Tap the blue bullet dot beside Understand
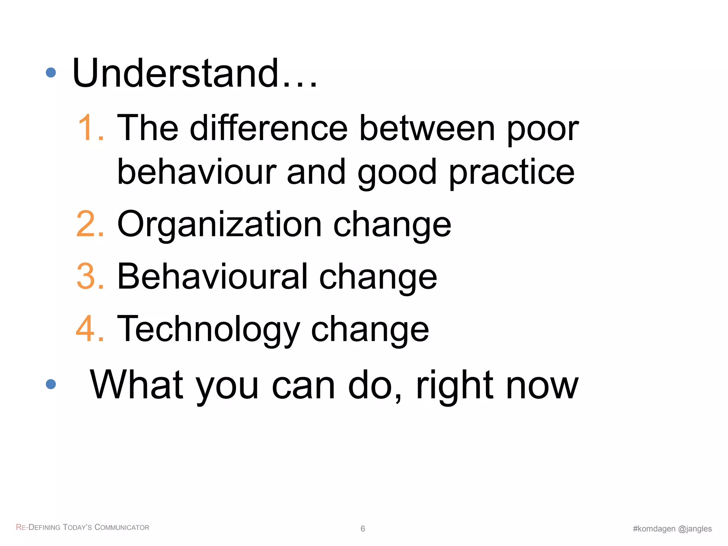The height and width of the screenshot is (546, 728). coord(51,73)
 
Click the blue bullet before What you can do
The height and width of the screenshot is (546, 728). coord(51,384)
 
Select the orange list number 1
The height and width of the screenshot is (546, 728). coord(90,128)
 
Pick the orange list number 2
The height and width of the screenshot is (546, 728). coord(90,224)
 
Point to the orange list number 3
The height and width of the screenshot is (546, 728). coord(90,277)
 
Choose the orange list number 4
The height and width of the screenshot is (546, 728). coord(90,329)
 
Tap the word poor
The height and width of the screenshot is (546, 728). coord(543,130)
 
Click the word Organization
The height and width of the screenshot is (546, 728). coord(219,225)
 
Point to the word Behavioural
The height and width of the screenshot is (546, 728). coord(212,277)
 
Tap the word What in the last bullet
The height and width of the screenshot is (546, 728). coord(137,385)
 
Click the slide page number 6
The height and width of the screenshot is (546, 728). coord(363,529)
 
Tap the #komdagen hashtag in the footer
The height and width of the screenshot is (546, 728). coord(654,529)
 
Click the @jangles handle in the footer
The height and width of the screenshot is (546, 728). coord(695,529)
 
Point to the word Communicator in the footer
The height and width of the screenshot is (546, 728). coord(122,527)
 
